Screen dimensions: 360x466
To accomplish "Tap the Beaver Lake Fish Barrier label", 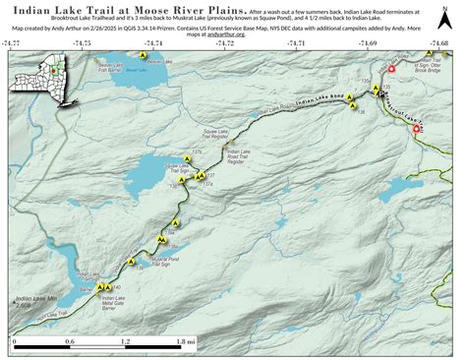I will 116,68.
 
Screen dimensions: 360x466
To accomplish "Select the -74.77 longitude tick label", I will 11,44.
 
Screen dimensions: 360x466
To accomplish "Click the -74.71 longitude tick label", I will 296,44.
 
